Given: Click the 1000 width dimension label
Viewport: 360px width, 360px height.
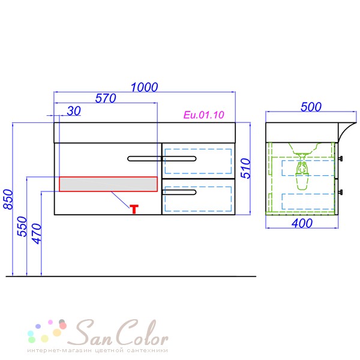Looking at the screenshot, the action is point(144,87).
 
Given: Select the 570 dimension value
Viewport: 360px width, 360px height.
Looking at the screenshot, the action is point(106,98).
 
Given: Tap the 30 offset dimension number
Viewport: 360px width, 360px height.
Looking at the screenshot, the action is point(74,111).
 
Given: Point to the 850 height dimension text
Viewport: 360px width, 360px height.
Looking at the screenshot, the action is point(8,199).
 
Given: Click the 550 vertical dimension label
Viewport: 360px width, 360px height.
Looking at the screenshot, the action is point(22,226).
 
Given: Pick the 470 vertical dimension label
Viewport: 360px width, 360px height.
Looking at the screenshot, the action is point(37,233).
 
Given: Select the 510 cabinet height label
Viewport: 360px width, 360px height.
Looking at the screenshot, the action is point(245,168).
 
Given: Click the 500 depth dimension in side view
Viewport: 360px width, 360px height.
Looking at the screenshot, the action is point(311,107).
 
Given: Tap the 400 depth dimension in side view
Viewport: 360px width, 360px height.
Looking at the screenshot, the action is point(302,223).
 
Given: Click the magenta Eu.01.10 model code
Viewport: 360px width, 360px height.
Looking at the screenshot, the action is point(204,115).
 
